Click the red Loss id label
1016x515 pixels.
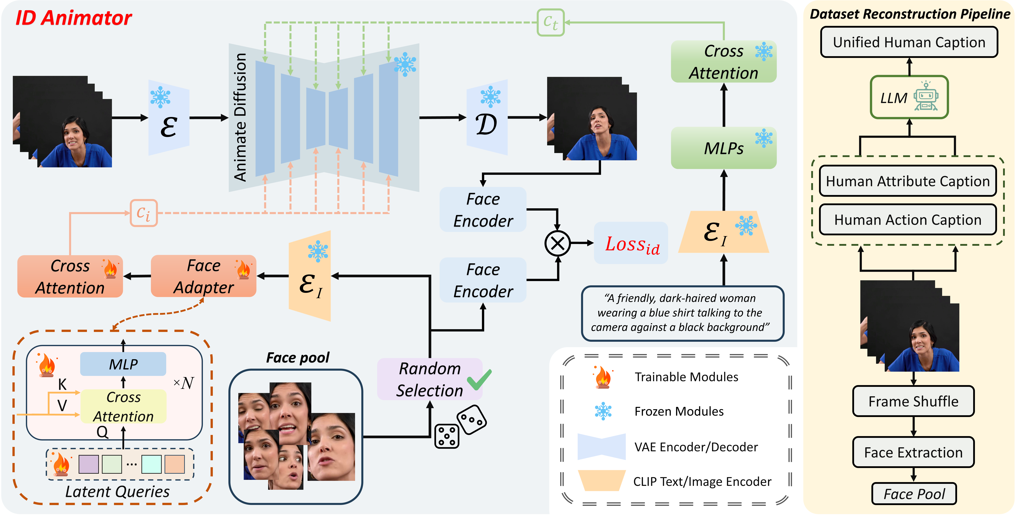point(632,244)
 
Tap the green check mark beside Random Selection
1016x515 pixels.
point(479,379)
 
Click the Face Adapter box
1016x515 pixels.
point(204,276)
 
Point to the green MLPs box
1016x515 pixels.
point(724,148)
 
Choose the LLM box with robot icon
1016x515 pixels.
point(909,97)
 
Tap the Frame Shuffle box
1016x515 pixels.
point(913,401)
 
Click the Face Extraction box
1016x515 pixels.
point(913,452)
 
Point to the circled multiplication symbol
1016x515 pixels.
point(557,243)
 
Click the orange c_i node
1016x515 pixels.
point(144,213)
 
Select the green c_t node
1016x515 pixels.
point(551,22)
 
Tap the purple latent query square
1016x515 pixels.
point(88,464)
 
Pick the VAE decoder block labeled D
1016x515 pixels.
point(487,117)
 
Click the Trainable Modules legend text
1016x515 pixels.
point(686,377)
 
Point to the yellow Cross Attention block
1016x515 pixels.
point(123,407)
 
